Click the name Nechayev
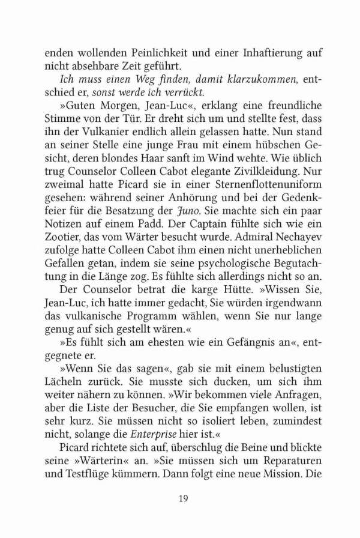point(290,235)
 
